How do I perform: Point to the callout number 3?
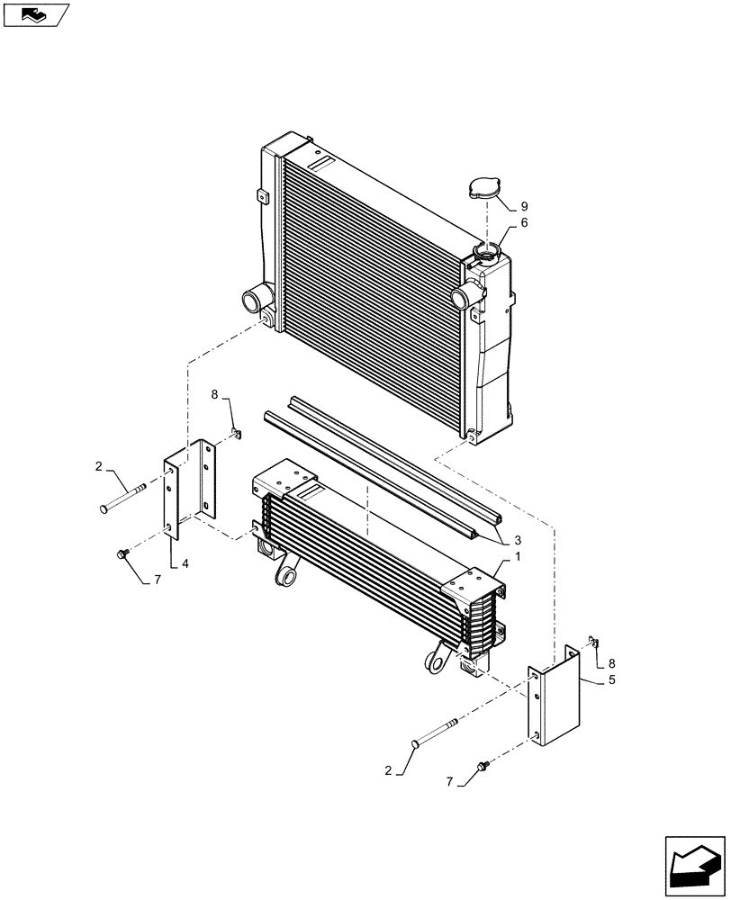[x=519, y=541]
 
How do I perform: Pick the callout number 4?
[x=184, y=563]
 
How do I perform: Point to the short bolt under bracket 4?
[x=123, y=553]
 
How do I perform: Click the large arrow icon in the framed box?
[x=693, y=865]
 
